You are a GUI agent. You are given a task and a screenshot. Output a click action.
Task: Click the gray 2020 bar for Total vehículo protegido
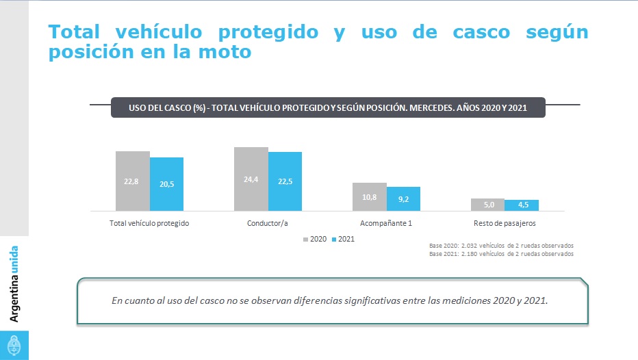(132, 181)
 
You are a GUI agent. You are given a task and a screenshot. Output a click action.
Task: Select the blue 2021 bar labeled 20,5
(166, 183)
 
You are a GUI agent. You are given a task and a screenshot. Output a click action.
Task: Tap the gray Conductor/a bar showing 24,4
(251, 179)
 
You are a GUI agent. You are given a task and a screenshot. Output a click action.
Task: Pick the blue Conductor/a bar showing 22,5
(285, 181)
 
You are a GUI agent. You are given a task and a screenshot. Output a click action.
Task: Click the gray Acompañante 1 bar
(369, 196)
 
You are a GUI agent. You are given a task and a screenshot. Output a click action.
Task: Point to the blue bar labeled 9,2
(403, 198)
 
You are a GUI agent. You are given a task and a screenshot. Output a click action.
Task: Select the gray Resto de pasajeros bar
(487, 204)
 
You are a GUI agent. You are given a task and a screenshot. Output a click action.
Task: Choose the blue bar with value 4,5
(522, 205)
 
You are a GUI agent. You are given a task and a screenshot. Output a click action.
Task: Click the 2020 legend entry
(314, 240)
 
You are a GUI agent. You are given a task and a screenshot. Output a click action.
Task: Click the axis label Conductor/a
(268, 223)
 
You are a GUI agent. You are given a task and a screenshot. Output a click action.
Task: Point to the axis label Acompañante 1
(386, 223)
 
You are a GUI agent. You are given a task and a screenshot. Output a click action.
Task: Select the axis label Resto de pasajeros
(505, 223)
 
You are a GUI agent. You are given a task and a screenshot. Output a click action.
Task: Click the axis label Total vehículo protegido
(149, 223)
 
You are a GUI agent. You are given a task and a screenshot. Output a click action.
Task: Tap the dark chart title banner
(328, 108)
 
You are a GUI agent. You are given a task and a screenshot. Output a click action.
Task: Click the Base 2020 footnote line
(500, 245)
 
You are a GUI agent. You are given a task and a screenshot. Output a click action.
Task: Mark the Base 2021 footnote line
(500, 254)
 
